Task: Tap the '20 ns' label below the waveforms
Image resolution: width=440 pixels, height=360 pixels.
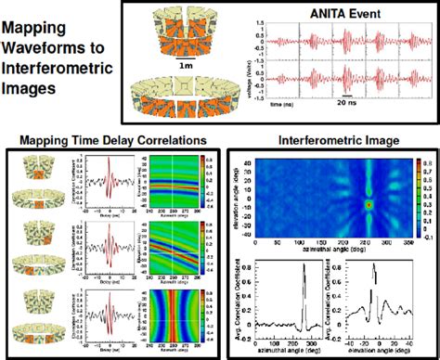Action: point(347,120)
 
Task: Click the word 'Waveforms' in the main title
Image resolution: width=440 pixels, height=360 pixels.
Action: point(46,46)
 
